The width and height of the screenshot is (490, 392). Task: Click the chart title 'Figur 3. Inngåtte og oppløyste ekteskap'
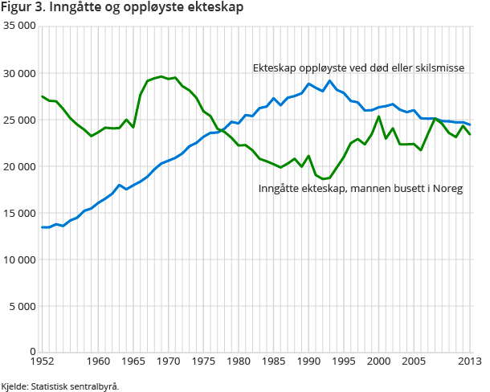123,8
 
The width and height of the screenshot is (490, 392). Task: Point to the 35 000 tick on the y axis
19,27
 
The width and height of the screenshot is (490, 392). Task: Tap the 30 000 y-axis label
19,73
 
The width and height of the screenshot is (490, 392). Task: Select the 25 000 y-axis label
19,120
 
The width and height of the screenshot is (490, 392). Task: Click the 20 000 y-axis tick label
19,166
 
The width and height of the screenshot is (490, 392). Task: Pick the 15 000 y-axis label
19,213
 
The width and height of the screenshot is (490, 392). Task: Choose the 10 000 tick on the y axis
19,259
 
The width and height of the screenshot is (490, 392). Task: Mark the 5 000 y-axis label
22,306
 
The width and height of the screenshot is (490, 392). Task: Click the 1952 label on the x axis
43,362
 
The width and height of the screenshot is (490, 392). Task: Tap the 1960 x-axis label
98,362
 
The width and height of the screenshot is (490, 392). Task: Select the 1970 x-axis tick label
168,362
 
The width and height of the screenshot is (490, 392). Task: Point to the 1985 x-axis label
272,362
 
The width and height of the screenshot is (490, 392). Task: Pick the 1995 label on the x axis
343,362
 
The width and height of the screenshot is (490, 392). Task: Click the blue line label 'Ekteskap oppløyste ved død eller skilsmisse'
357,68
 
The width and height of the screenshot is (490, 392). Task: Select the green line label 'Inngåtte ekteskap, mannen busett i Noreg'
361,189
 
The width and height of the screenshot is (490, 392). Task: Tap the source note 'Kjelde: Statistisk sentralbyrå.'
61,386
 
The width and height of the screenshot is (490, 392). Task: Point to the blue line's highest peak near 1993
329,80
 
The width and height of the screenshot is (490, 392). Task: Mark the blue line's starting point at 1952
43,227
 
